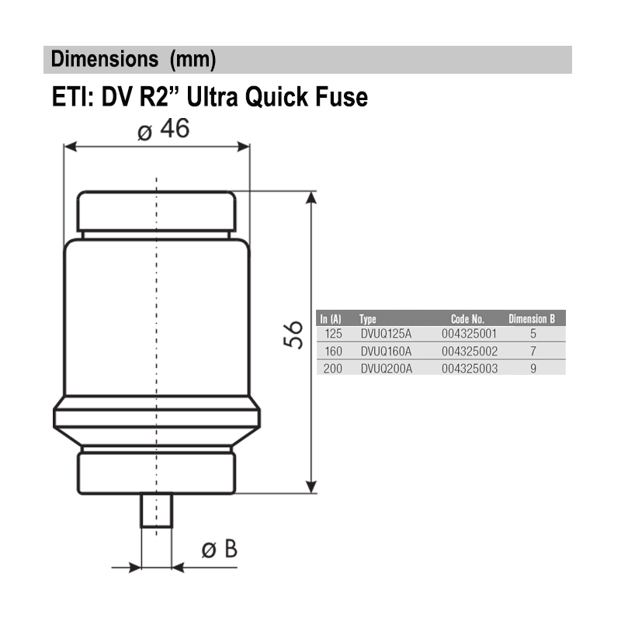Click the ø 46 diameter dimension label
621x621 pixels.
(163, 130)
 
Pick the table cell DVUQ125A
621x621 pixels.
(386, 334)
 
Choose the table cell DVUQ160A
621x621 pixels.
(386, 351)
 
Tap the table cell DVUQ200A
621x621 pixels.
(386, 368)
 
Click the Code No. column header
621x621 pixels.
(467, 318)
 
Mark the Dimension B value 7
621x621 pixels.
(533, 351)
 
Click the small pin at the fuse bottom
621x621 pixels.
(157, 511)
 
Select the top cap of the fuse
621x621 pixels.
(157, 210)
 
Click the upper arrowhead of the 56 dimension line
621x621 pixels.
(312, 198)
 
